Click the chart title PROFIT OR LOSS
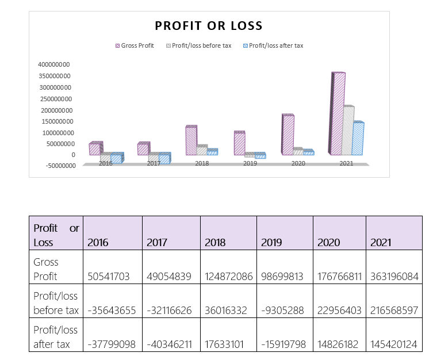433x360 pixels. click(208, 26)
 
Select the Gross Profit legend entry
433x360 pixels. click(136, 45)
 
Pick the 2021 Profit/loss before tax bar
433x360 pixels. click(348, 131)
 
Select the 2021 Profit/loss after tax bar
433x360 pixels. click(358, 139)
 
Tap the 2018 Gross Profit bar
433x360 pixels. click(191, 141)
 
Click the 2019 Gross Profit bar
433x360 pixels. click(240, 144)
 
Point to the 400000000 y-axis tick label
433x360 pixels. click(54, 64)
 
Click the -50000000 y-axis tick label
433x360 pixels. click(56, 166)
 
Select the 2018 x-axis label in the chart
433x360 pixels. click(202, 164)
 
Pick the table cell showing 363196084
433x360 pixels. click(394, 276)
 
